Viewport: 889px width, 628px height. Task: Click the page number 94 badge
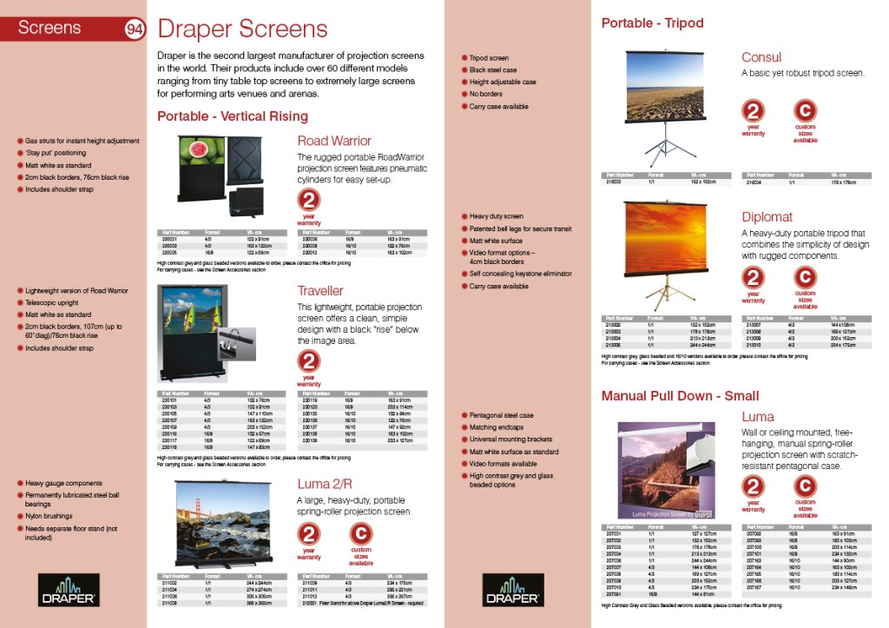pos(135,29)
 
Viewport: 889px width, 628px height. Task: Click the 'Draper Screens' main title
pos(242,29)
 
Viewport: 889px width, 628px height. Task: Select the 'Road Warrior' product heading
pos(334,141)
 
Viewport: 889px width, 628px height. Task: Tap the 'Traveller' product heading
pos(320,291)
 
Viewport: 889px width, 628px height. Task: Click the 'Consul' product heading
pos(761,58)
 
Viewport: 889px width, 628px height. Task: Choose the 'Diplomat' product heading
pos(767,217)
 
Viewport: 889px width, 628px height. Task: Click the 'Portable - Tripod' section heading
pos(652,23)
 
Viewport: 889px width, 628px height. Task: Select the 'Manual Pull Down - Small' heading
pos(680,396)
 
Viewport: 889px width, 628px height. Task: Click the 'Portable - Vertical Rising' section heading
pos(232,116)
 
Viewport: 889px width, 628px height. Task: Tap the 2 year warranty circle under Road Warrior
pos(309,202)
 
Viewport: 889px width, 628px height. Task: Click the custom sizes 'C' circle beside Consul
pos(806,110)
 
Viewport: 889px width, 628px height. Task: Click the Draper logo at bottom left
pos(63,589)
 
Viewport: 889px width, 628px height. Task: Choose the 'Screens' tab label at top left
pos(49,28)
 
